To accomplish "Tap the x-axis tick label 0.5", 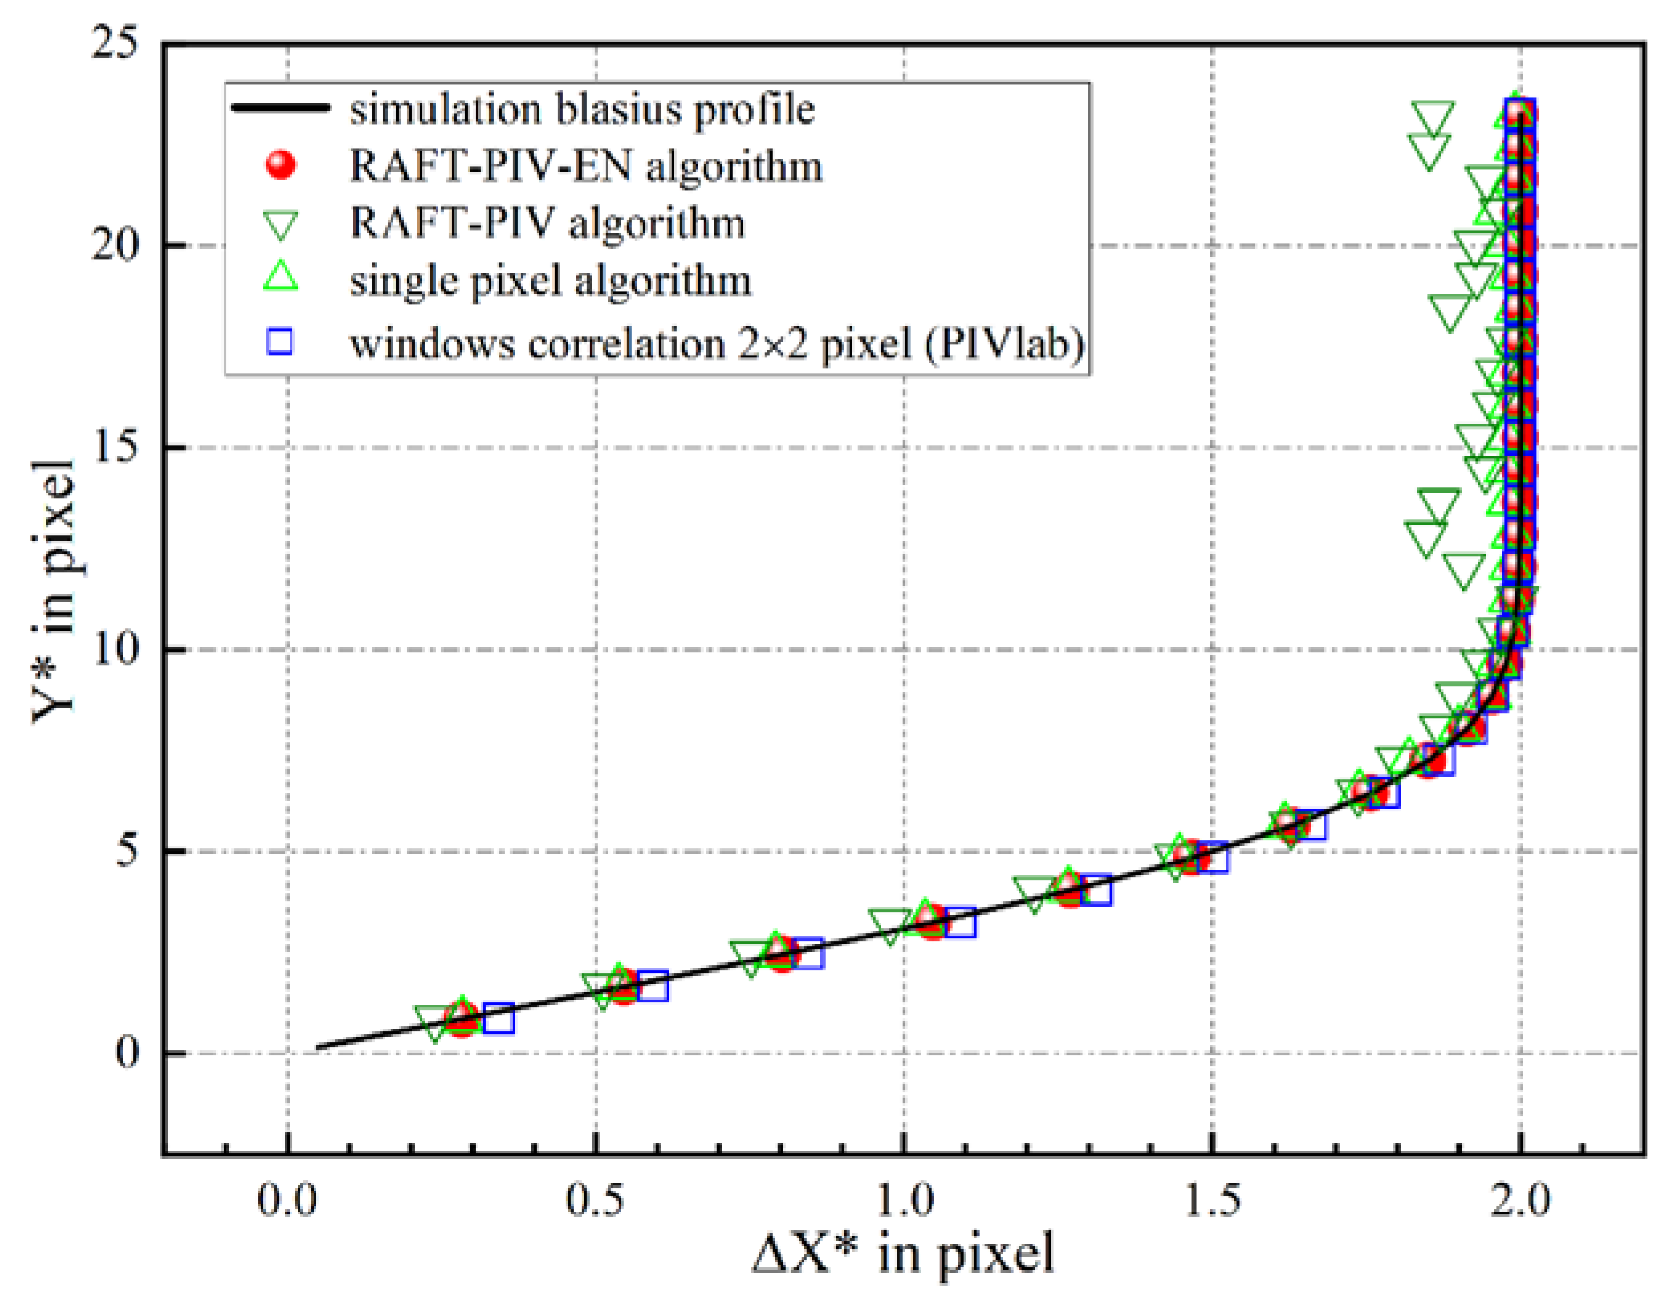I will [595, 1199].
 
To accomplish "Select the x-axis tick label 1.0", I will [904, 1199].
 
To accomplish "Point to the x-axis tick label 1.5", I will [1212, 1199].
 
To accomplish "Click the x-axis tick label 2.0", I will [1521, 1199].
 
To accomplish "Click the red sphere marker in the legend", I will [281, 166].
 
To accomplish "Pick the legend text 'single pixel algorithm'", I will [550, 281].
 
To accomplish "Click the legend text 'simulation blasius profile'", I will [583, 109].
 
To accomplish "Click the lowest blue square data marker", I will [499, 1019].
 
